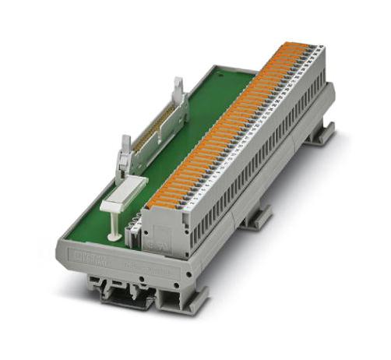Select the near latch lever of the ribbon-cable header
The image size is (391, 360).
pyautogui.click(x=125, y=155)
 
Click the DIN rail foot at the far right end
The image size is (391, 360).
pyautogui.click(x=319, y=136)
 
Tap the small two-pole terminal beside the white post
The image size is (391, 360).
pyautogui.click(x=134, y=234)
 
